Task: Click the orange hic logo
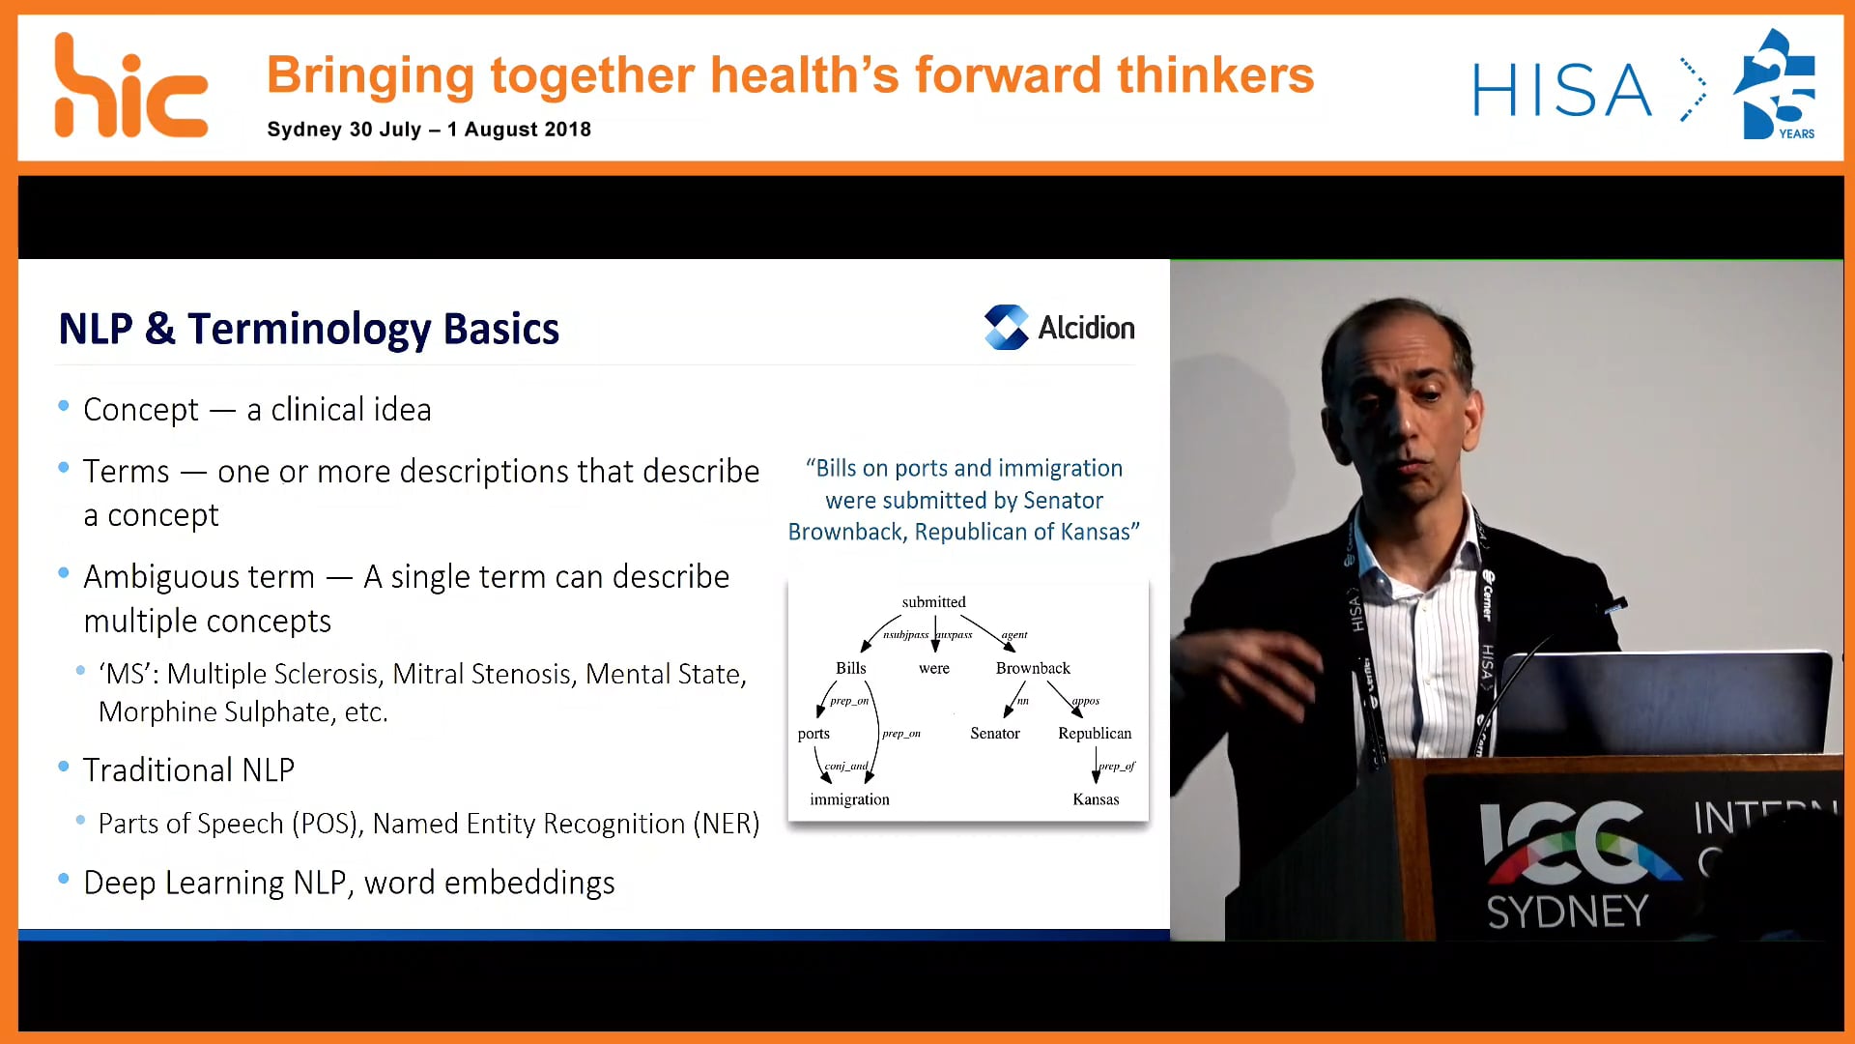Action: click(130, 87)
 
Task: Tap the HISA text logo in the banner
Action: click(1561, 90)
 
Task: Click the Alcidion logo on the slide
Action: click(1060, 328)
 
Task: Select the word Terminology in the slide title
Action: click(309, 329)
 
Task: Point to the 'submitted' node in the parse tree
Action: click(933, 602)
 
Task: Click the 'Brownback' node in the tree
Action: click(1033, 668)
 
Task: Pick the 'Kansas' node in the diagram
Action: click(1096, 799)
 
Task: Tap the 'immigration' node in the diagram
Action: click(849, 799)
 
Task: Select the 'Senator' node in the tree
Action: click(994, 734)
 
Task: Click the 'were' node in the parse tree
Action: click(933, 668)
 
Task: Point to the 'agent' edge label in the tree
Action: click(1014, 635)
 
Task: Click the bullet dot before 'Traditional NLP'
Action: click(64, 768)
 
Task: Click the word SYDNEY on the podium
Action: click(1567, 912)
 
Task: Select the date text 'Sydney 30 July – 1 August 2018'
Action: click(429, 130)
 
